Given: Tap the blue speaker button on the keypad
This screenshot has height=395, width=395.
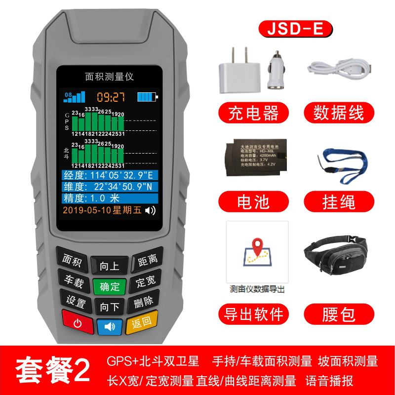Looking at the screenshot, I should click(109, 326).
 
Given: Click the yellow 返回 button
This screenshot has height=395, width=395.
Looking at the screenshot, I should click(142, 323).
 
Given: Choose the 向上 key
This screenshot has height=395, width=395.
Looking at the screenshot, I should click(109, 266).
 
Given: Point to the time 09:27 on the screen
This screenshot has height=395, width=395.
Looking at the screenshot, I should click(111, 97).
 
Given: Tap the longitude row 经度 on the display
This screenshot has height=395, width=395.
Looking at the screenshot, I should click(110, 176).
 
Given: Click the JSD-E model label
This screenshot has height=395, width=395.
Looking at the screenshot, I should click(295, 29).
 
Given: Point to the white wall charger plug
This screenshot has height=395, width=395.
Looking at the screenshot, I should click(236, 72).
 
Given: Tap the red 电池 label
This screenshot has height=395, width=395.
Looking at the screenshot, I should click(253, 202).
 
